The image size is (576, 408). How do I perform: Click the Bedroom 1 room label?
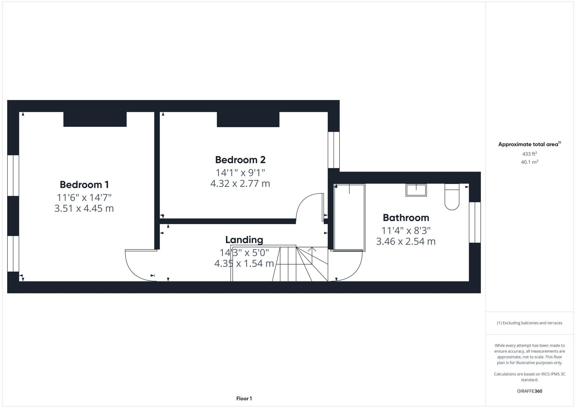pyautogui.click(x=84, y=185)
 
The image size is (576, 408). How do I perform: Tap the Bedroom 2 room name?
pyautogui.click(x=240, y=160)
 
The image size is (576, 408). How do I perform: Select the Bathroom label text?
pyautogui.click(x=406, y=218)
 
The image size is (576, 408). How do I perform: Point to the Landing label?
pyautogui.click(x=244, y=240)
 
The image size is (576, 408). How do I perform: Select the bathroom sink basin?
pyautogui.click(x=416, y=190)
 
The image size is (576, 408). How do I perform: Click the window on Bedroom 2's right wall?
pyautogui.click(x=334, y=150)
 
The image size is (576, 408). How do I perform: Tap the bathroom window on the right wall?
pyautogui.click(x=475, y=222)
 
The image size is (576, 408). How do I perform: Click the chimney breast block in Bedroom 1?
pyautogui.click(x=95, y=119)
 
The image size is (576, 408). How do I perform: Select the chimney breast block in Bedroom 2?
pyautogui.click(x=248, y=119)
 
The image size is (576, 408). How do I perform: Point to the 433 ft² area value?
pyautogui.click(x=529, y=154)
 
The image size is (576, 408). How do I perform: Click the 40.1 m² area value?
pyautogui.click(x=529, y=162)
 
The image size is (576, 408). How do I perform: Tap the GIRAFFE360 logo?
pyautogui.click(x=529, y=391)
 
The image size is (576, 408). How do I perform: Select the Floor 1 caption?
pyautogui.click(x=244, y=398)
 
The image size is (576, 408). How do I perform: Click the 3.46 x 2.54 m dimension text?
pyautogui.click(x=406, y=241)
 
